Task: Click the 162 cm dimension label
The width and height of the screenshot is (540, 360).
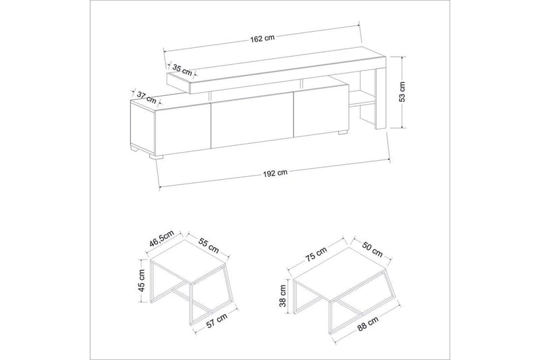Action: [263, 38]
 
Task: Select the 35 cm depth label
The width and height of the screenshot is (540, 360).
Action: [182, 70]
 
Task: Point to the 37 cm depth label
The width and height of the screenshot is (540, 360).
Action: [146, 97]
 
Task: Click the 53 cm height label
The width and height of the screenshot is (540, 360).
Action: [402, 92]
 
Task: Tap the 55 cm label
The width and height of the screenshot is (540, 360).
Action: [209, 245]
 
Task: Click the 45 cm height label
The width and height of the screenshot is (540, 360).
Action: [142, 280]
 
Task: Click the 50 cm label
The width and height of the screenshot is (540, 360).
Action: [373, 249]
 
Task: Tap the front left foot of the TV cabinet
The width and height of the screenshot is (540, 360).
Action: [156, 157]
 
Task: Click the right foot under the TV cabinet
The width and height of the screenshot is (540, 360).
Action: [343, 132]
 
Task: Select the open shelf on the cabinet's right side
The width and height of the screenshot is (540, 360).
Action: [362, 99]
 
